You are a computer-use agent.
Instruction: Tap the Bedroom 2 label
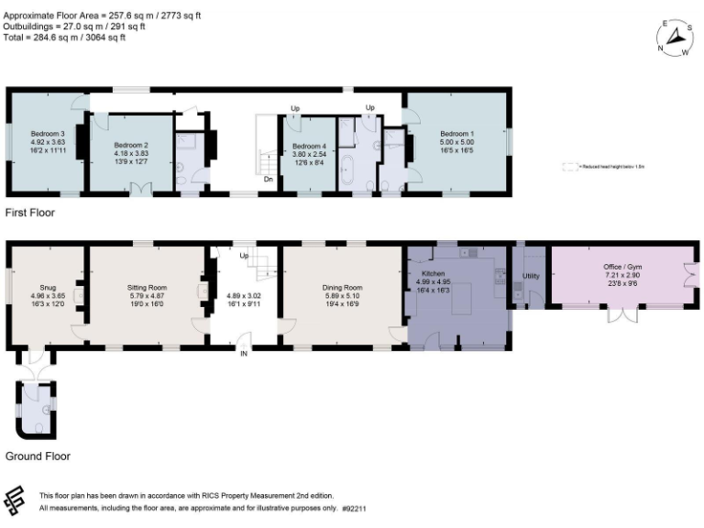[131, 145]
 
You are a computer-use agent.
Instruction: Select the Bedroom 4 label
[309, 147]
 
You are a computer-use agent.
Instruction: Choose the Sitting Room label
[146, 287]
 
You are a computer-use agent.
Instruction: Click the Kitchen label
[433, 274]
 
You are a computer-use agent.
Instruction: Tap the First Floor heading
[30, 213]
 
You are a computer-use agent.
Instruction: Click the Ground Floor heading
[38, 456]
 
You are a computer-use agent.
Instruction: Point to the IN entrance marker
[244, 353]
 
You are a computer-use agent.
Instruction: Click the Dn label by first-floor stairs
[268, 180]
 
